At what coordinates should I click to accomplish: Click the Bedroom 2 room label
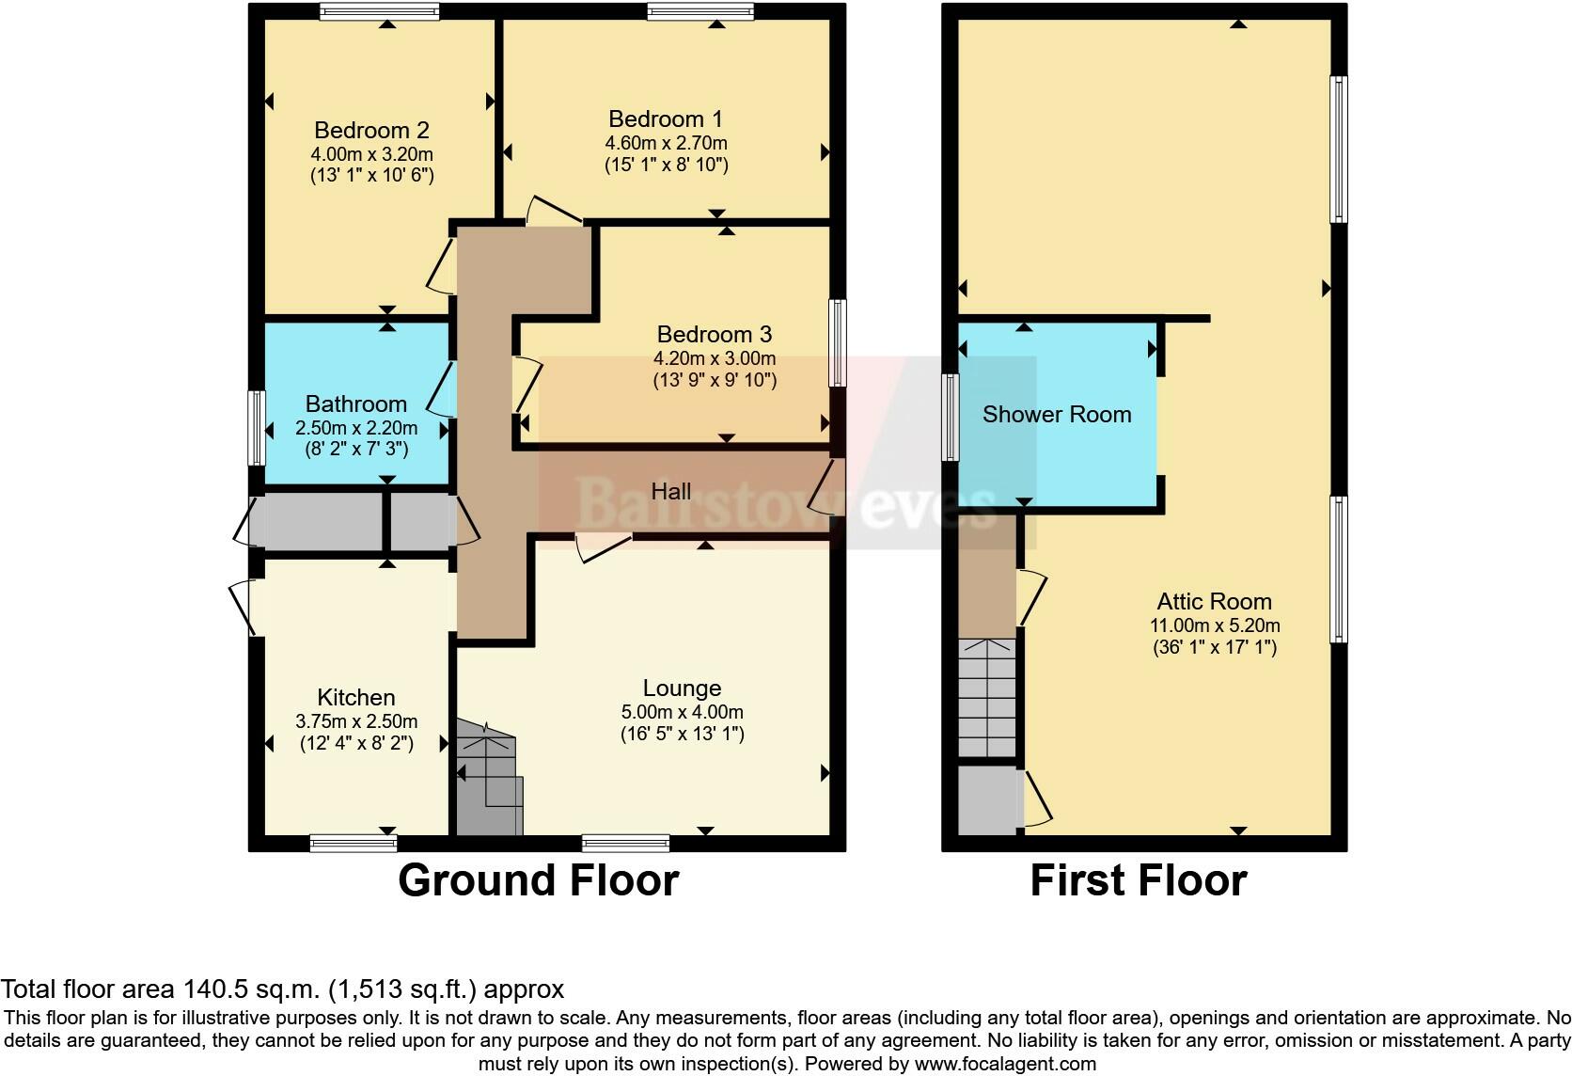point(371,130)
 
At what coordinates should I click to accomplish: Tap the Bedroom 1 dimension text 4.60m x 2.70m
point(666,143)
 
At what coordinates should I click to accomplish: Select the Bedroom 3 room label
point(715,334)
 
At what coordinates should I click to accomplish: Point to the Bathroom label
point(355,403)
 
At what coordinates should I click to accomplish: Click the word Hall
point(671,491)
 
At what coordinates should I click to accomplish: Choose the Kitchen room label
point(355,697)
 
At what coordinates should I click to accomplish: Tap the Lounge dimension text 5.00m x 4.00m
point(683,712)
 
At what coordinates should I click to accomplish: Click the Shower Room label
point(1057,414)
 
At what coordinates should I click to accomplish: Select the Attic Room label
point(1214,602)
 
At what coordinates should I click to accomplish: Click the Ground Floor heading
point(539,880)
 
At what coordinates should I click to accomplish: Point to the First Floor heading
point(1139,880)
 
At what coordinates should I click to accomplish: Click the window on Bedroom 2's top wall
point(379,11)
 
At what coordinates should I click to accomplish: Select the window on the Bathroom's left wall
point(257,428)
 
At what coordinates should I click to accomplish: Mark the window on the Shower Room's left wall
point(951,417)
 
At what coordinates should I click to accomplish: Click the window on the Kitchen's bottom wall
point(354,843)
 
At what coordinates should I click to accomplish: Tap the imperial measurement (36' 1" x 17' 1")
point(1215,647)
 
